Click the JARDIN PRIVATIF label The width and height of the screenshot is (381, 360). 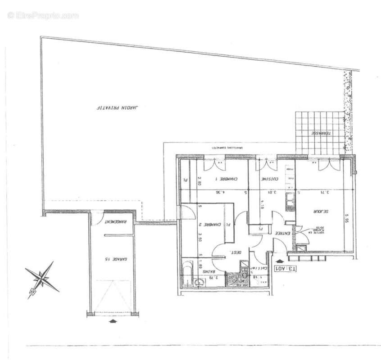pos(119,108)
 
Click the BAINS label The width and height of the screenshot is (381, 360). pos(207,272)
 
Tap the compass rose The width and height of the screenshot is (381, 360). pos(42,278)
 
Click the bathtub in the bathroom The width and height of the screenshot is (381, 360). pos(187,274)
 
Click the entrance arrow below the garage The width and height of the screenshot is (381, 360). pos(112,321)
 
